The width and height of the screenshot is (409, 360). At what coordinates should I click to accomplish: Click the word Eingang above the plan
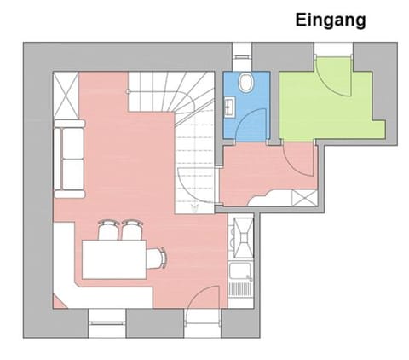331,20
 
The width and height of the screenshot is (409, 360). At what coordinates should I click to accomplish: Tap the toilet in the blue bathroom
245,84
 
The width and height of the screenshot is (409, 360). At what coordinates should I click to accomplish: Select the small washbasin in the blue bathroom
230,107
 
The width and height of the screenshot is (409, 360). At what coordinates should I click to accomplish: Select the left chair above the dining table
108,229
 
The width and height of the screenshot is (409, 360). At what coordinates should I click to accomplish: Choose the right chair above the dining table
131,229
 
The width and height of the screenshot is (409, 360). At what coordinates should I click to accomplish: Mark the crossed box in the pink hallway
302,198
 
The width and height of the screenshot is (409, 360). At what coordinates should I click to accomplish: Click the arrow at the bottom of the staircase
195,206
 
